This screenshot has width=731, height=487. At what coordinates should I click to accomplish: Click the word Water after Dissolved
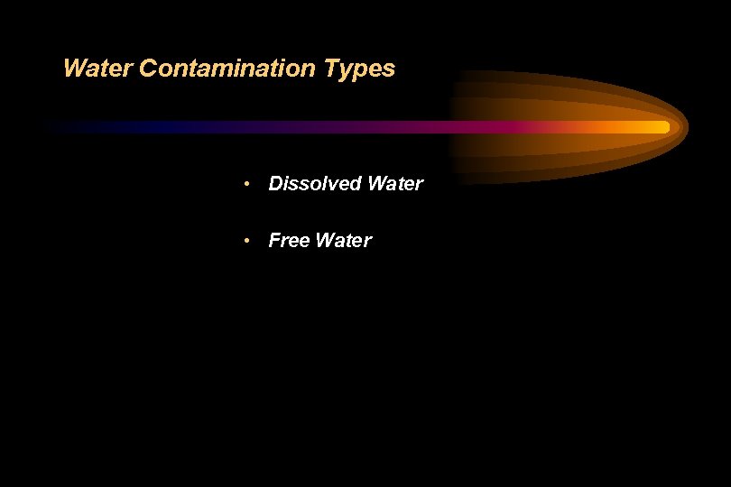(395, 184)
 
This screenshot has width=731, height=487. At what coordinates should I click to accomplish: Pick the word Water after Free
(343, 241)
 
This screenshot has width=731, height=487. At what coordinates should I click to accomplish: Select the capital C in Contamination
(148, 69)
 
